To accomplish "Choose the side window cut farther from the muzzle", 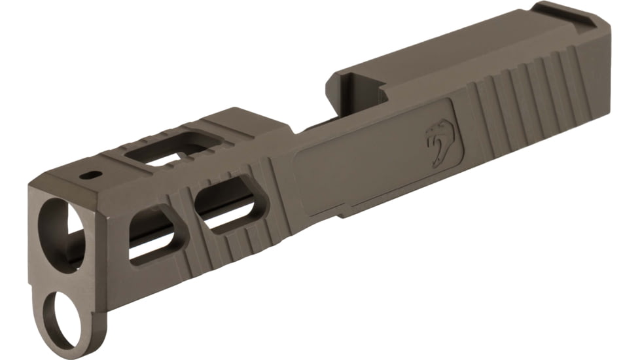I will click(226, 206).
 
